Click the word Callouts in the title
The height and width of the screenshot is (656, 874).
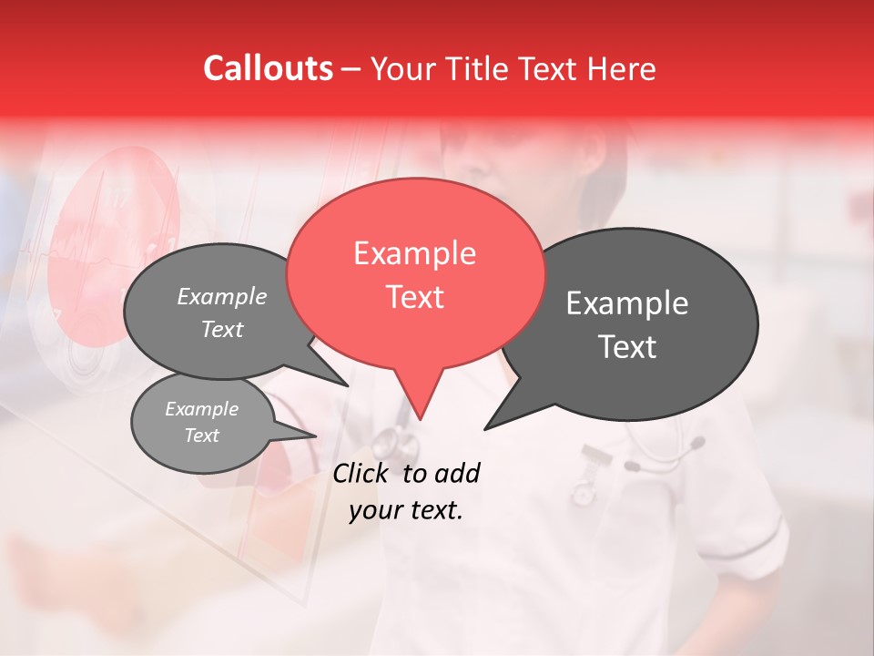tap(268, 68)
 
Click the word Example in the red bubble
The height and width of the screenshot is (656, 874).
tap(414, 253)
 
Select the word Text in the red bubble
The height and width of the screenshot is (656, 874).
tap(414, 297)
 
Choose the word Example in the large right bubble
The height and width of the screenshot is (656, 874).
tap(627, 303)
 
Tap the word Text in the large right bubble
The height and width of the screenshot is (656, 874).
tap(627, 347)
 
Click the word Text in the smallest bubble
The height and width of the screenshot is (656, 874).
tap(202, 436)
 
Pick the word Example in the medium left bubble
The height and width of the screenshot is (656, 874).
tap(222, 296)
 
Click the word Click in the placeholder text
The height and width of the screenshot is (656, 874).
tap(361, 473)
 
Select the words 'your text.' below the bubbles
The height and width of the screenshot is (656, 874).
tap(406, 511)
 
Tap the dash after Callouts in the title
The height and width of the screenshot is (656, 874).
tap(352, 68)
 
